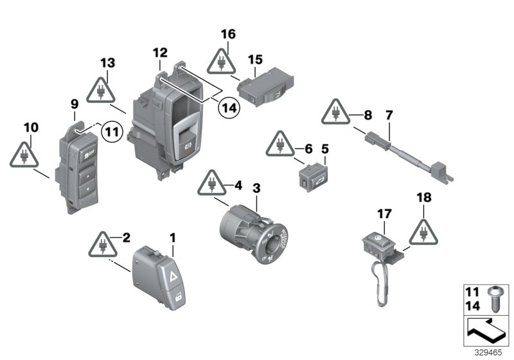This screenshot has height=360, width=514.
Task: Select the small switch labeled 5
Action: pos(314,177)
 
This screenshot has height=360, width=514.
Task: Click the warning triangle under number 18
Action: pos(426,233)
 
